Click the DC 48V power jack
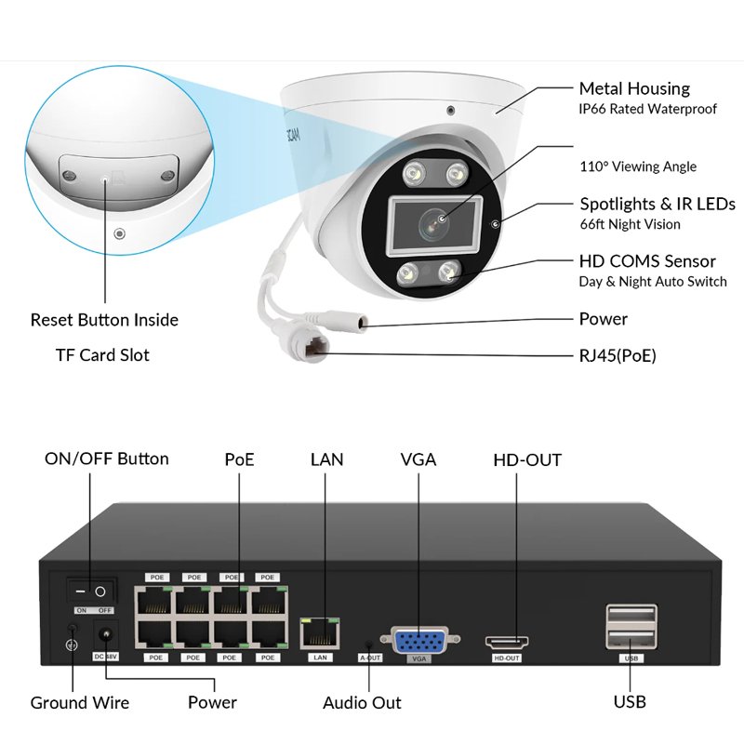106,637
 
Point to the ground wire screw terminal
70,637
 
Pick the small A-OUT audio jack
370,643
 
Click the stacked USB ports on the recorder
631,629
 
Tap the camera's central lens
433,221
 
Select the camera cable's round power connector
352,323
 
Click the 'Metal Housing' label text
634,88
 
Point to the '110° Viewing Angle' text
638,166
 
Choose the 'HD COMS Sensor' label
647,261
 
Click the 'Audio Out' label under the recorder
362,702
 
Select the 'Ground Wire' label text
80,702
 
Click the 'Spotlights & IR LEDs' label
658,204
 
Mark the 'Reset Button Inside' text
104,320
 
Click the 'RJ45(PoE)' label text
618,354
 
